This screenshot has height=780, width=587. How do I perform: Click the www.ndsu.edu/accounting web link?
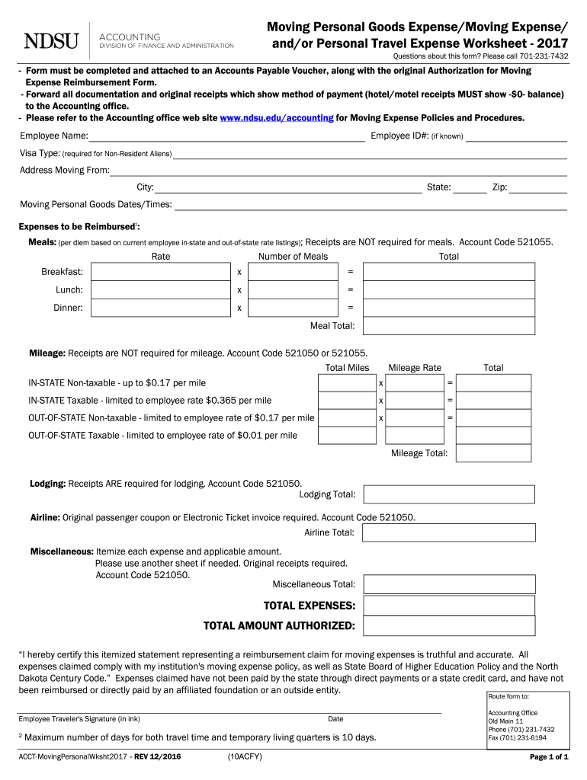(x=276, y=118)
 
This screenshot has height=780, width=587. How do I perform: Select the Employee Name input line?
(x=226, y=136)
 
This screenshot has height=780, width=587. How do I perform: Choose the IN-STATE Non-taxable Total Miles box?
(x=347, y=382)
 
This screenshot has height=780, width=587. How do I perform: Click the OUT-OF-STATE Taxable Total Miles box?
(x=347, y=436)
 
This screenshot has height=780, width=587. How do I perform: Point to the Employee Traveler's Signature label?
(x=79, y=719)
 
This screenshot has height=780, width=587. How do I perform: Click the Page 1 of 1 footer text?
(x=549, y=757)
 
